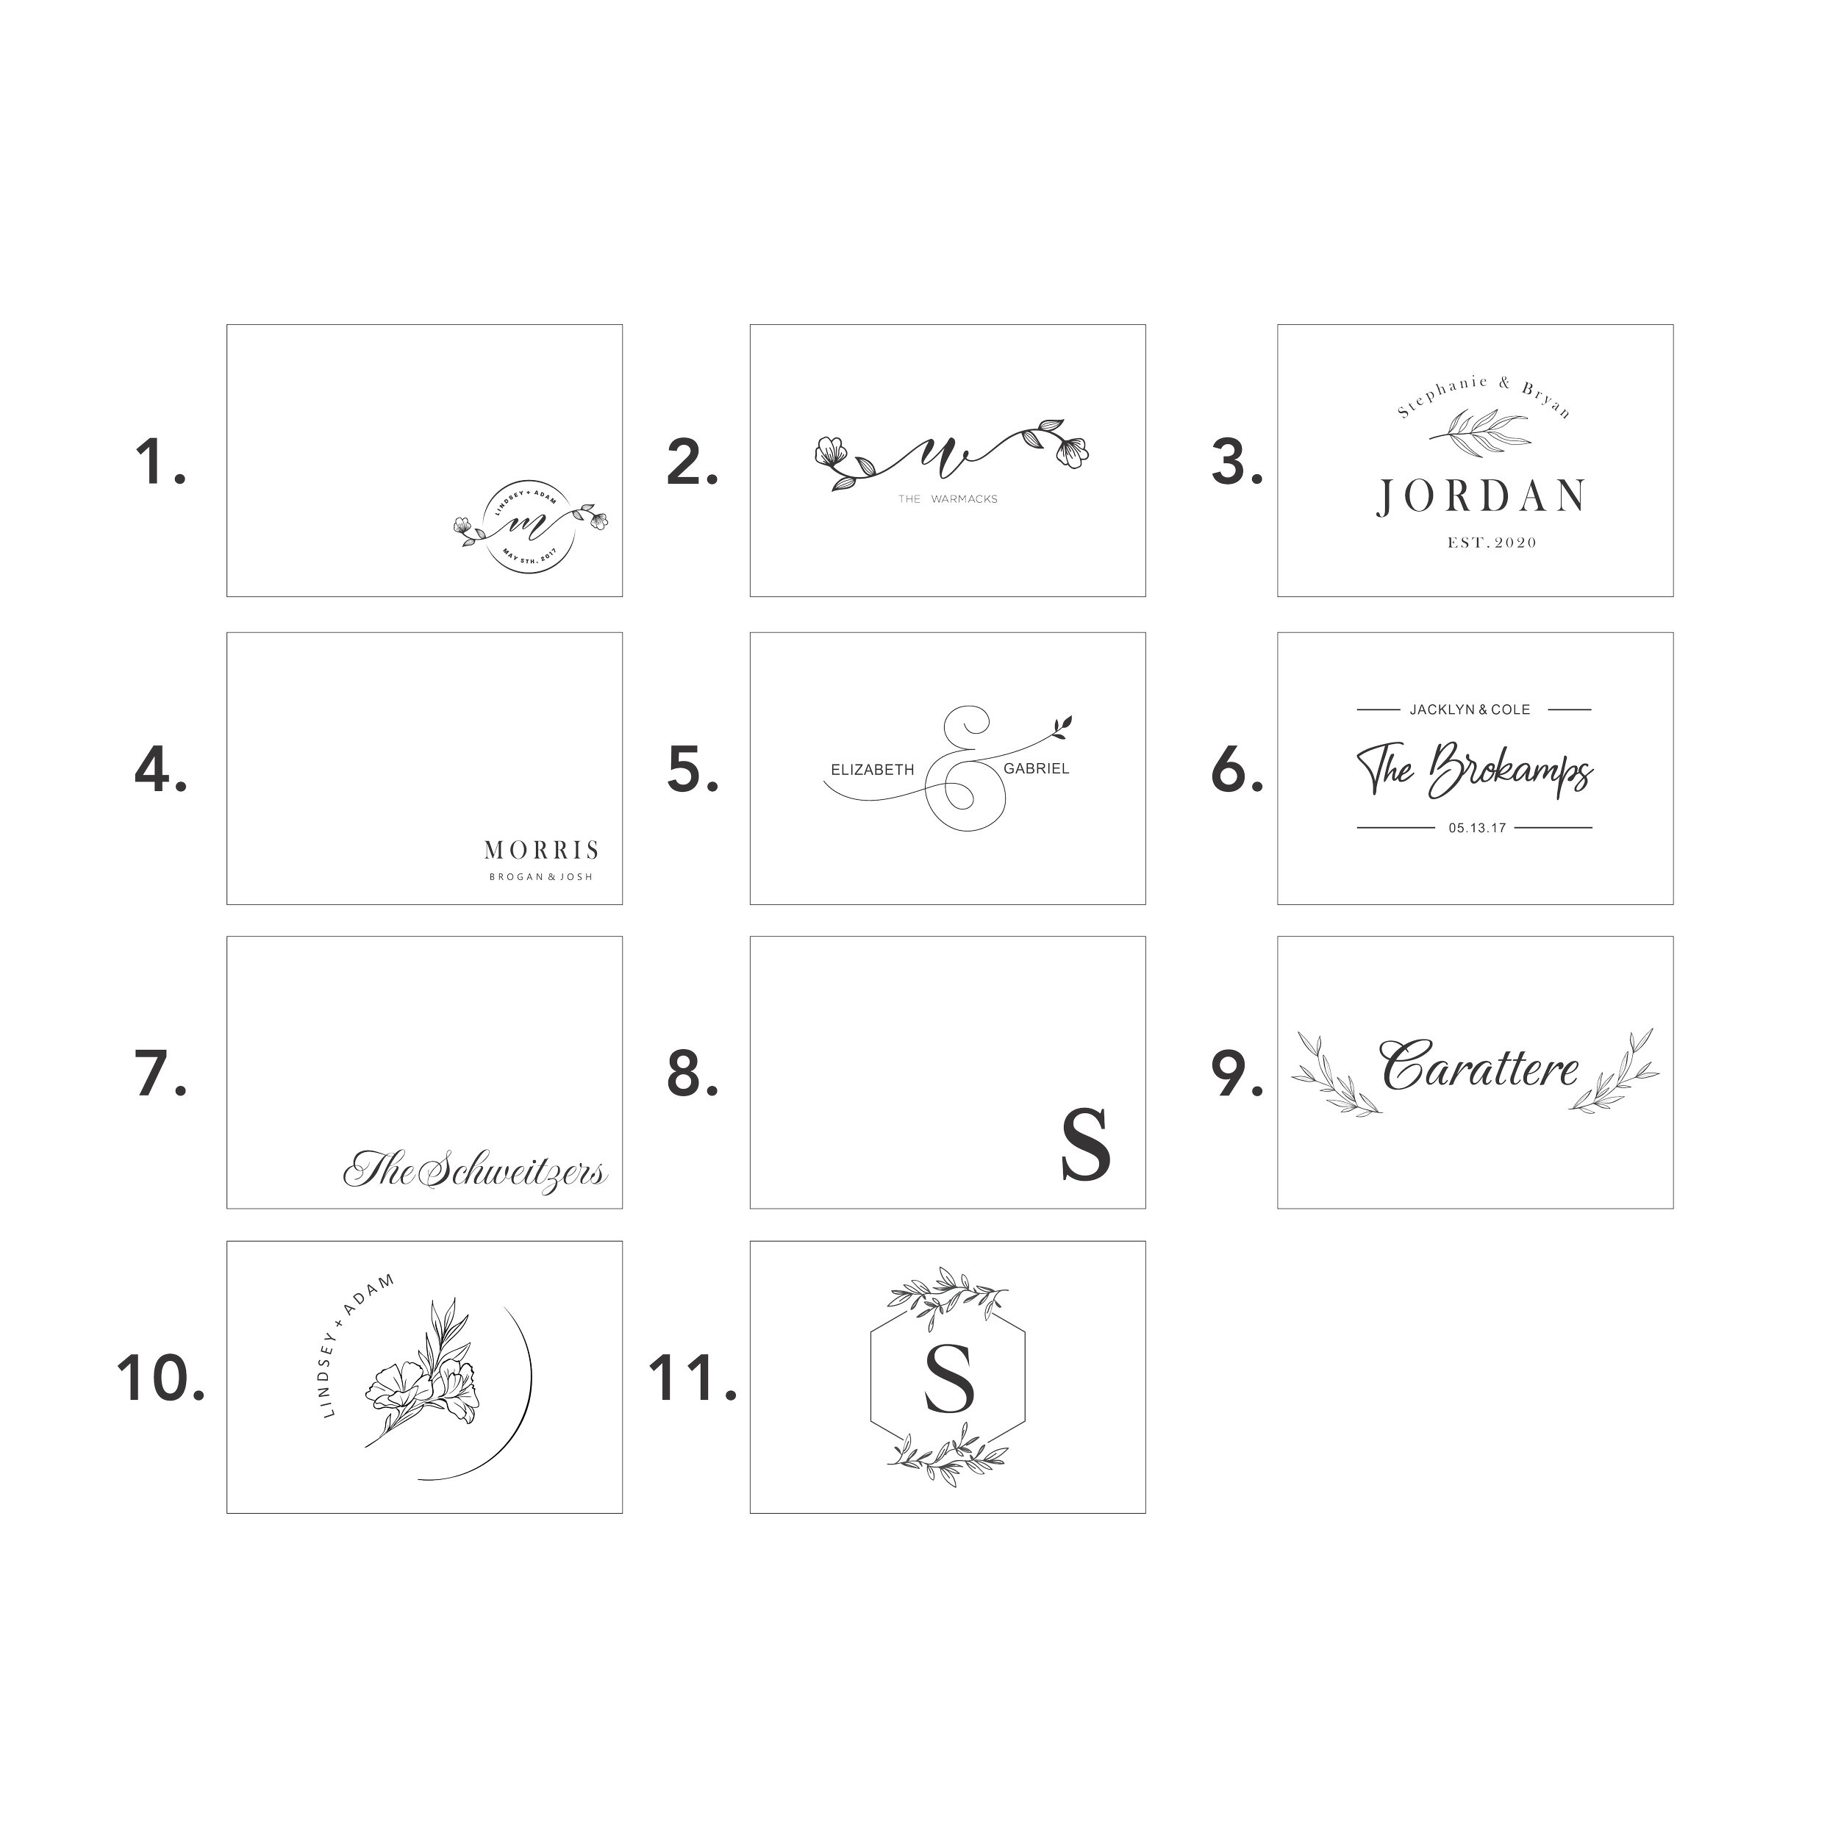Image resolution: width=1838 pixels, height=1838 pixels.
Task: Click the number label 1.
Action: point(160,462)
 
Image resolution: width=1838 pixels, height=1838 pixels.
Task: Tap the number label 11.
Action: point(692,1379)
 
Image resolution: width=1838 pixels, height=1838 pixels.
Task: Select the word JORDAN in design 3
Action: point(1480,496)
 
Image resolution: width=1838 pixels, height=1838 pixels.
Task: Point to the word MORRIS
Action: point(541,850)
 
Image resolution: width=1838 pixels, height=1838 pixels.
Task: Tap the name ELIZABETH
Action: point(873,769)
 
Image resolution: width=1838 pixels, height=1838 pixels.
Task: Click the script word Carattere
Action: point(1480,1068)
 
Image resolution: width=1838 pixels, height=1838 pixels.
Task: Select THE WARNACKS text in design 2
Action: point(948,498)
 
